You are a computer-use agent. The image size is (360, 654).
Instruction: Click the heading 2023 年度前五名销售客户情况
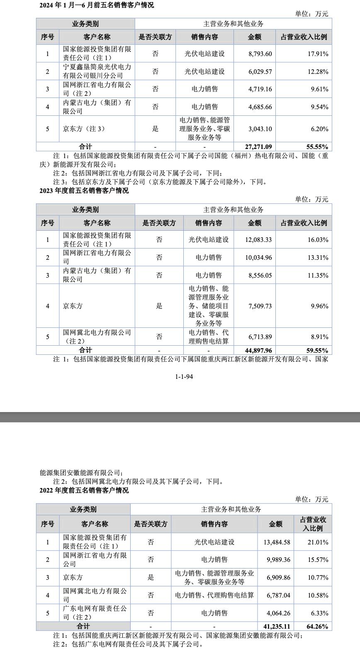click(84, 191)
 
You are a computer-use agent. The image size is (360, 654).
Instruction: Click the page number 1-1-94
click(184, 377)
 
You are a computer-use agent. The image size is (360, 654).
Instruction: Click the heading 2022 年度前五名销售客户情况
click(84, 490)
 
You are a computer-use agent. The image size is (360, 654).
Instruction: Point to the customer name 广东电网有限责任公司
click(95, 613)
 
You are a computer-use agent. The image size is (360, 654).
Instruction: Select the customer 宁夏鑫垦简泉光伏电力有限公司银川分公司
click(97, 71)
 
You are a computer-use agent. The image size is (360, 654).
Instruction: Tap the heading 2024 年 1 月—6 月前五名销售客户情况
click(96, 5)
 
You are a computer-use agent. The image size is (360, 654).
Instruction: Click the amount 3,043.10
click(260, 129)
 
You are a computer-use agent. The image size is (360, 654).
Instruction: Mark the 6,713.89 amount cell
click(260, 337)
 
